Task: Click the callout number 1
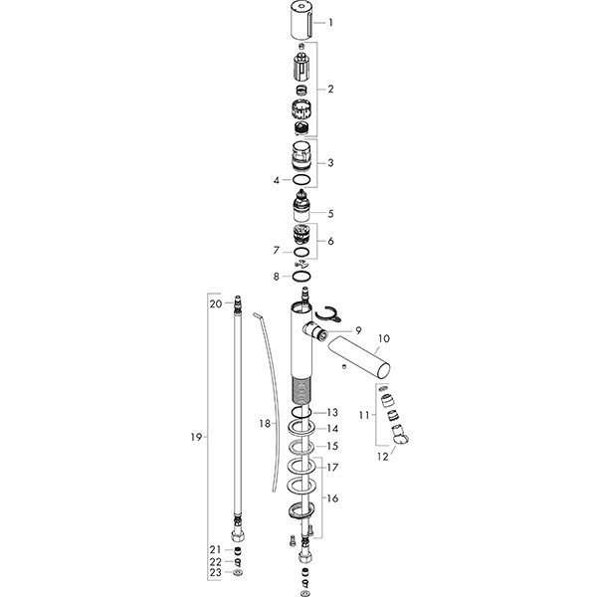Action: pyautogui.click(x=331, y=22)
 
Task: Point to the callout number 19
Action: pyautogui.click(x=195, y=437)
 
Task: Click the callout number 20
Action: pyautogui.click(x=216, y=303)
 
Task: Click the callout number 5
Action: pyautogui.click(x=331, y=213)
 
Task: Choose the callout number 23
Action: pyautogui.click(x=216, y=574)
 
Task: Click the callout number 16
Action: pyautogui.click(x=331, y=497)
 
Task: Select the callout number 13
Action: pyautogui.click(x=331, y=412)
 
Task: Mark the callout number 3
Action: pyautogui.click(x=331, y=162)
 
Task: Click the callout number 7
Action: pyautogui.click(x=277, y=251)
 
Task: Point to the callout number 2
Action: pyautogui.click(x=331, y=89)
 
